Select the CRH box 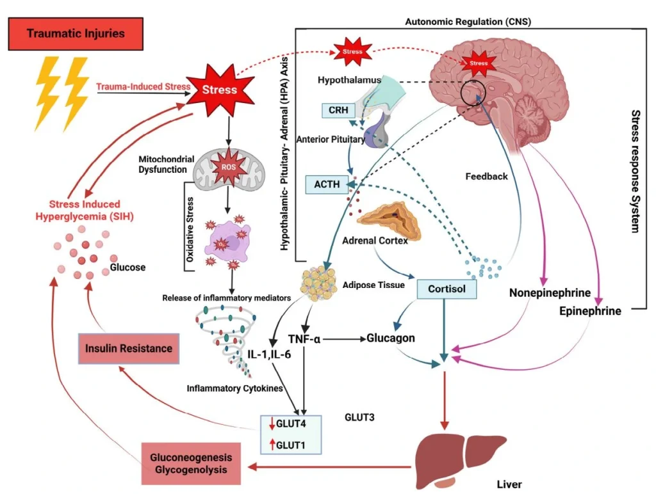tap(339, 110)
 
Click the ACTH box tap(326, 184)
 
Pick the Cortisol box tap(447, 289)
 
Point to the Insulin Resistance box tap(129, 348)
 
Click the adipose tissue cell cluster tap(319, 283)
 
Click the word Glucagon tap(391, 338)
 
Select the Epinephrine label tap(589, 312)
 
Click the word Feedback tap(486, 176)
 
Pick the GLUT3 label tap(359, 417)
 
